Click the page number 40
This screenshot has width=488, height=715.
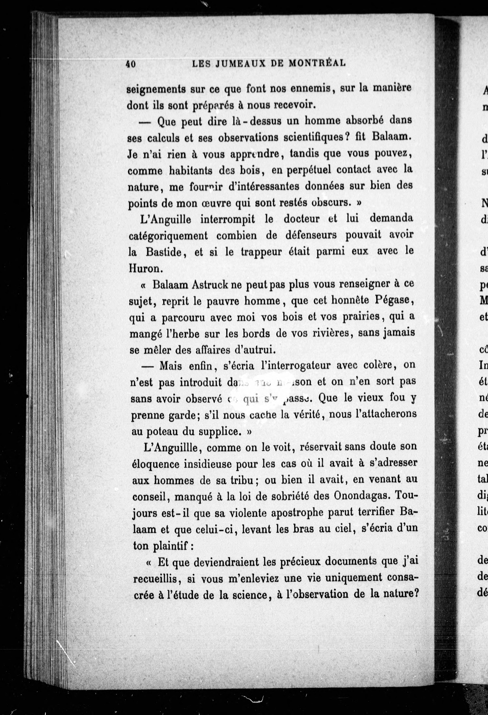131,64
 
